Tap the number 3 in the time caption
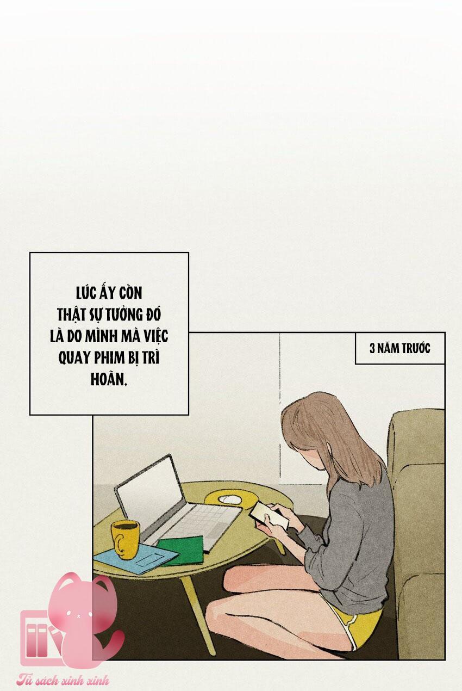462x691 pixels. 372,349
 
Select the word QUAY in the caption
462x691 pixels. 73,359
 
